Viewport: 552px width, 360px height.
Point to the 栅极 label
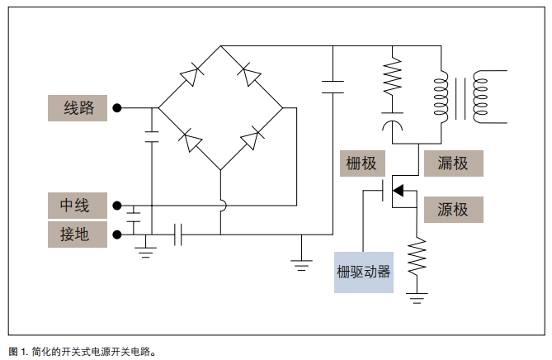[362, 163]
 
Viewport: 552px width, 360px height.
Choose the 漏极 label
[452, 163]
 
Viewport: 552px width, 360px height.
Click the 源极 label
[452, 210]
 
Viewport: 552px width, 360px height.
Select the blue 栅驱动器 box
[363, 272]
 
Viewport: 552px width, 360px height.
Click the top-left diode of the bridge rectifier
[191, 77]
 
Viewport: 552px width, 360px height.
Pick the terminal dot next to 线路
[117, 108]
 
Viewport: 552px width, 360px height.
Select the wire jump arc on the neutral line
[221, 205]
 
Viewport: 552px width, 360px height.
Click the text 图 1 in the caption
[17, 350]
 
